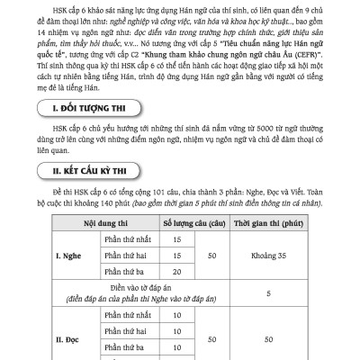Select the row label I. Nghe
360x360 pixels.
tap(50, 256)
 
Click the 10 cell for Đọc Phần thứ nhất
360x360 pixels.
tap(176, 323)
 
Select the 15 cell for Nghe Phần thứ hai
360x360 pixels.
tap(176, 256)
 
